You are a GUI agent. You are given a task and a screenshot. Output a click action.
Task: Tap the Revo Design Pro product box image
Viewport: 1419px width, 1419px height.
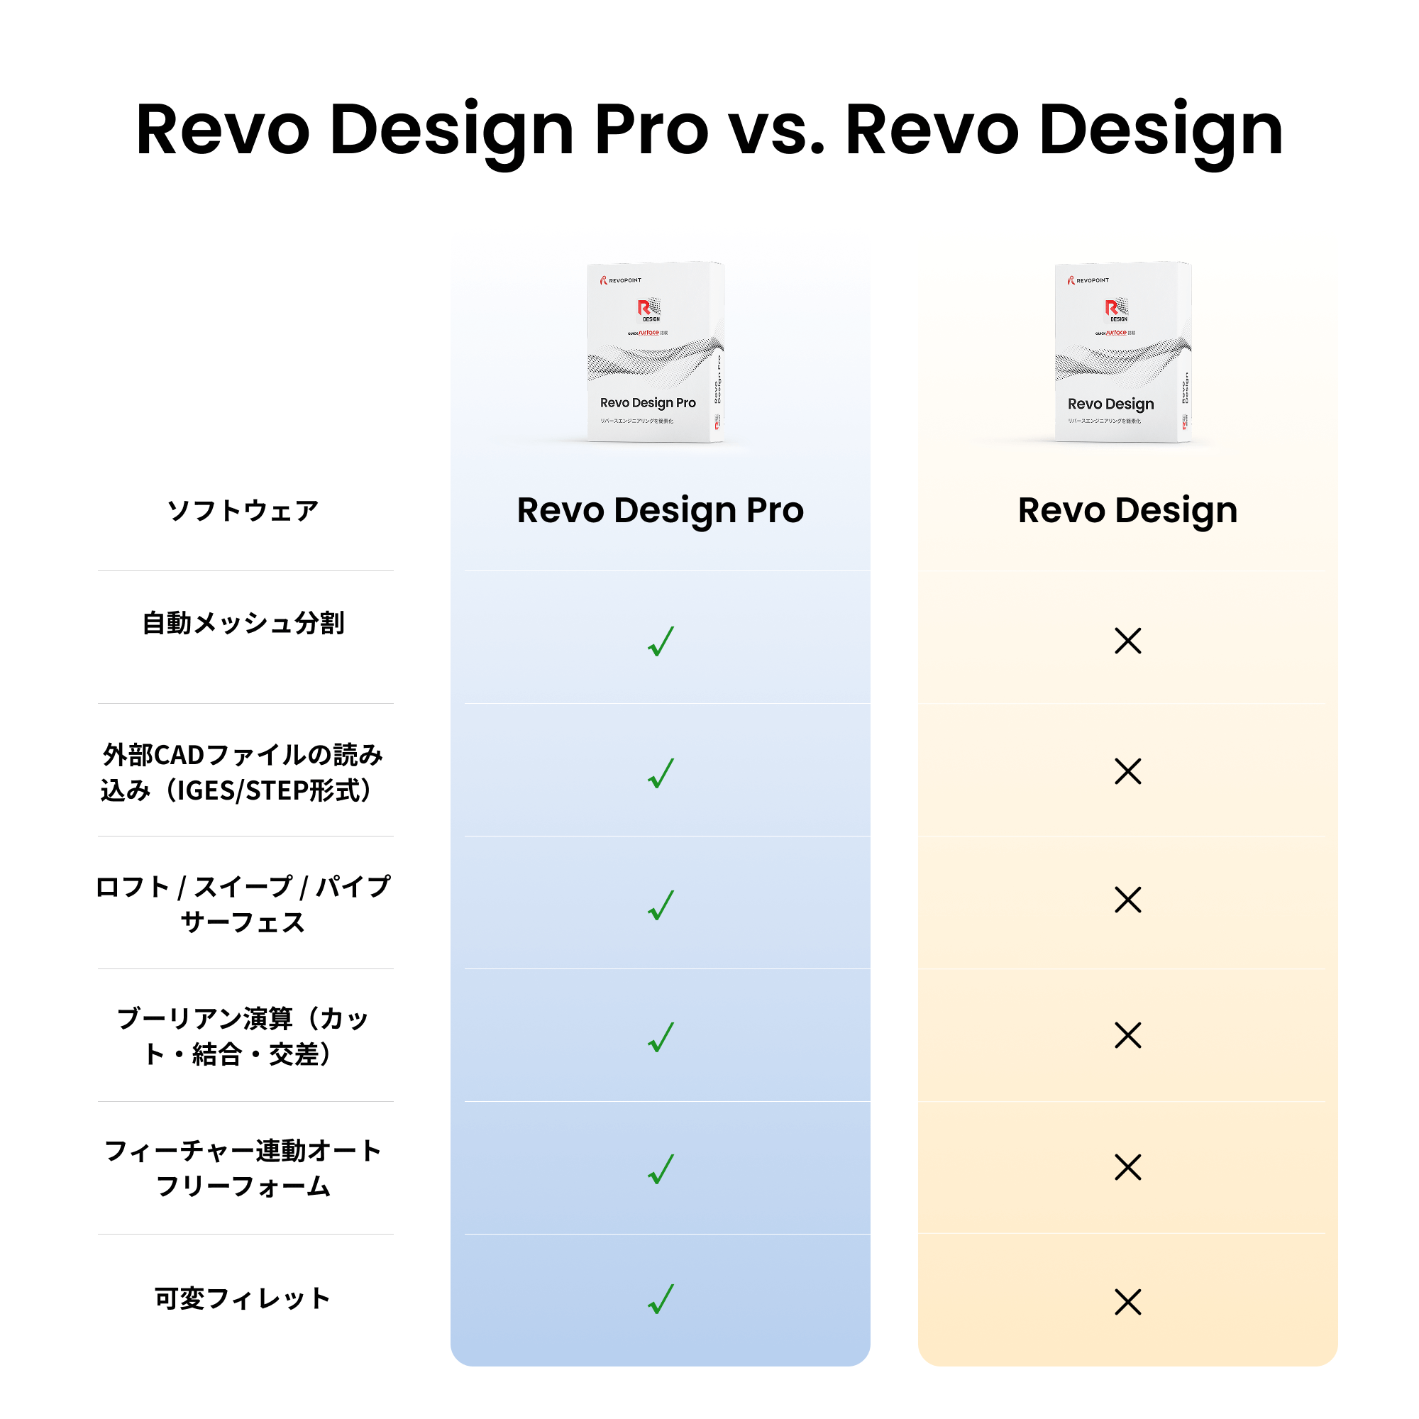(x=655, y=352)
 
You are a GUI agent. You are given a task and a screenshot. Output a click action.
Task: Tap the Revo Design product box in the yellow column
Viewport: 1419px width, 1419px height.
(x=1122, y=352)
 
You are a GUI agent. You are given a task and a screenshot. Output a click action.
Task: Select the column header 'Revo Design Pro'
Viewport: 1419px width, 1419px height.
(x=661, y=510)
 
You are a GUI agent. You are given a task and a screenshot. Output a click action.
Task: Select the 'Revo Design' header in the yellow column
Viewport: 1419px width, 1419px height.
(x=1127, y=510)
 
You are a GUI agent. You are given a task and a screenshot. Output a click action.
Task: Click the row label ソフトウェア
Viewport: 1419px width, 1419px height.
(x=243, y=510)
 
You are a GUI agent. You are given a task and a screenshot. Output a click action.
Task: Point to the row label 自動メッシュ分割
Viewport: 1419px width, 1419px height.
(x=243, y=623)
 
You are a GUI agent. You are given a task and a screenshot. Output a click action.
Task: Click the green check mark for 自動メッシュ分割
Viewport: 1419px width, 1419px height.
(x=661, y=641)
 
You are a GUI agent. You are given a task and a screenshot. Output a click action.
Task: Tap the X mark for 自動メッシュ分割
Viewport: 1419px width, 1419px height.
(x=1127, y=641)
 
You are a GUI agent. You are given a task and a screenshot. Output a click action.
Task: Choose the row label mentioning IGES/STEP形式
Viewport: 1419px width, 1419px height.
(x=243, y=773)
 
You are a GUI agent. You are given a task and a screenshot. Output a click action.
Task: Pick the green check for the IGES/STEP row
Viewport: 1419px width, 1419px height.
(x=661, y=773)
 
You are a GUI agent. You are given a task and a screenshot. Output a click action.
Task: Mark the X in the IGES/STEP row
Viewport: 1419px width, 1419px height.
(x=1127, y=771)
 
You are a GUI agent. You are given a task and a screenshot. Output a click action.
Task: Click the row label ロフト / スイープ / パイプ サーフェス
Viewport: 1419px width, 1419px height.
(x=243, y=904)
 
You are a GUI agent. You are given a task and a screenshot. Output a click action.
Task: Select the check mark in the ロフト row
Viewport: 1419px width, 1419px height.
(x=661, y=905)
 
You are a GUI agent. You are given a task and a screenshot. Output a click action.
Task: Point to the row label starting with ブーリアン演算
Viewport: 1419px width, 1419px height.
(x=243, y=1037)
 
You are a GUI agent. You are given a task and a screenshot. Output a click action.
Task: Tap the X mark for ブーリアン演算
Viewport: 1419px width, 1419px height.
(x=1127, y=1035)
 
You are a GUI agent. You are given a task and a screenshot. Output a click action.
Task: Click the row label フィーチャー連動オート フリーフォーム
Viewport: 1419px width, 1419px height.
(x=243, y=1169)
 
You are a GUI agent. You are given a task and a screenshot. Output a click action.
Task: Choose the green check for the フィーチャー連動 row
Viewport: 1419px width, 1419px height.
(x=661, y=1169)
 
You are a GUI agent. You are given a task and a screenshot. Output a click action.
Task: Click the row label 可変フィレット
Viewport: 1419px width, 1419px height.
(x=243, y=1298)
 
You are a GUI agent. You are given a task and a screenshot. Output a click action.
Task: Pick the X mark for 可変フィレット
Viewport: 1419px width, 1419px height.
(x=1127, y=1301)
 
